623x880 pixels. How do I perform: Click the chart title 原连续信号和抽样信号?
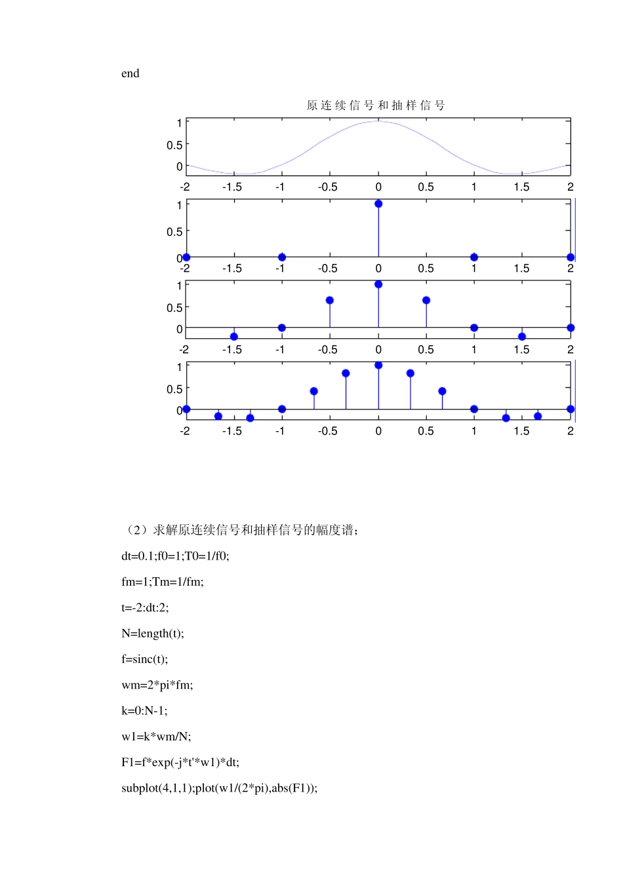click(x=376, y=105)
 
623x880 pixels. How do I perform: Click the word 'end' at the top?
click(x=130, y=73)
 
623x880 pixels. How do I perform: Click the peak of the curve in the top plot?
click(x=378, y=122)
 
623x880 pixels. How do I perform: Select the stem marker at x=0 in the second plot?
click(x=378, y=204)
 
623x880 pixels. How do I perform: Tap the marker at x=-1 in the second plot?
click(x=282, y=258)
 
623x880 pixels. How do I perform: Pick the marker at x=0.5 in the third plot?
click(x=426, y=301)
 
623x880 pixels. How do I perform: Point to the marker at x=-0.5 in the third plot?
click(x=330, y=301)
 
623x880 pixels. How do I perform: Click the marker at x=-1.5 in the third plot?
click(x=234, y=337)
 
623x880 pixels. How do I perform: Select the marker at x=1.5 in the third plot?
click(x=522, y=337)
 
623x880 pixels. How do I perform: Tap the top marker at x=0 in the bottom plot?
click(x=378, y=366)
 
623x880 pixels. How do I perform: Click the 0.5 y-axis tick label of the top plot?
click(x=174, y=145)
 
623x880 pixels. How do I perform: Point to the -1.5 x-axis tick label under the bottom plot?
click(x=231, y=431)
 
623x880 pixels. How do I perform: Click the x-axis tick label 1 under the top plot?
click(x=474, y=187)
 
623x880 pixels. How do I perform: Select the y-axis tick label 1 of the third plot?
click(x=179, y=286)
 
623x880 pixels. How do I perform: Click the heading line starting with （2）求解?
click(x=240, y=530)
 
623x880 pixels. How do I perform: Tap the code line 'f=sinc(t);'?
click(x=144, y=659)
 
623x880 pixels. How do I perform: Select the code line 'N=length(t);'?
click(x=152, y=634)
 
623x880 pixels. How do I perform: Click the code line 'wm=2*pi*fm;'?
click(x=157, y=685)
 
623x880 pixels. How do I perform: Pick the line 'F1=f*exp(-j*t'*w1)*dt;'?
click(x=180, y=763)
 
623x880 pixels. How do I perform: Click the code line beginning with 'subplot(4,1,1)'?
click(x=219, y=788)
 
